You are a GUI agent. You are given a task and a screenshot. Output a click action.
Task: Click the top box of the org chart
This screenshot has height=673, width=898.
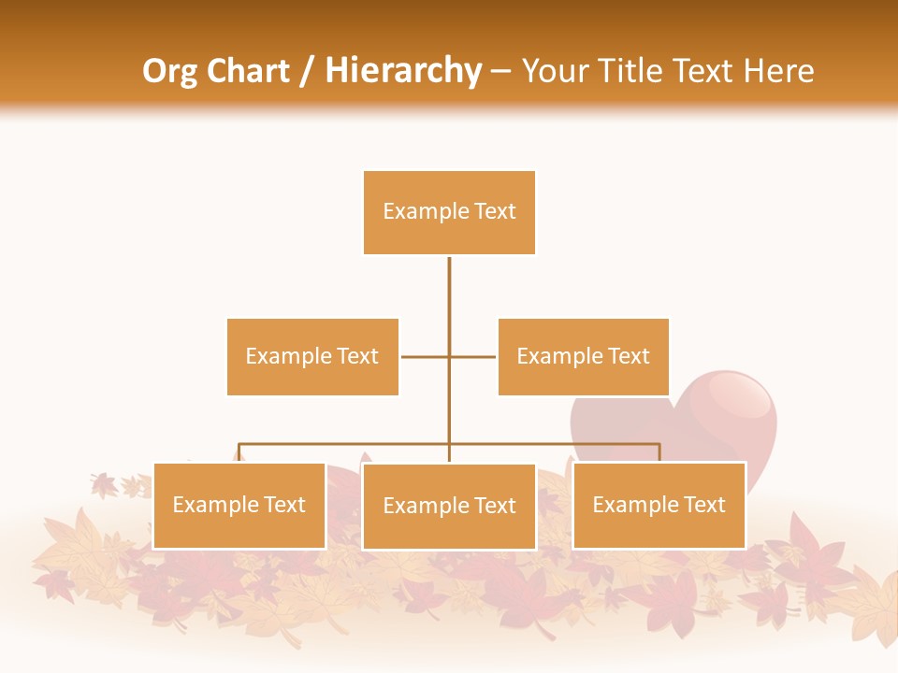pos(449,212)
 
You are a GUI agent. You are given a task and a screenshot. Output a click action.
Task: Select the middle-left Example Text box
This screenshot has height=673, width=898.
pos(312,356)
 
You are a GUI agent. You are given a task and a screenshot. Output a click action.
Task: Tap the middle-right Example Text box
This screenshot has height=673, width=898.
pos(583,356)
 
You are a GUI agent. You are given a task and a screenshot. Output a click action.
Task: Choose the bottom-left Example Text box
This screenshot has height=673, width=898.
pos(239,505)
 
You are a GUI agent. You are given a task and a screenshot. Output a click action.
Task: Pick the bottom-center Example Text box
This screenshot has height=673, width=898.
pos(449,506)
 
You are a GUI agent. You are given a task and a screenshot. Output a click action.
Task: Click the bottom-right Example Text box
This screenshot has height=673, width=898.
pos(659,505)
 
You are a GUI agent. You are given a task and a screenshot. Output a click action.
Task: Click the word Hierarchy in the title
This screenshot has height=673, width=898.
pos(402,71)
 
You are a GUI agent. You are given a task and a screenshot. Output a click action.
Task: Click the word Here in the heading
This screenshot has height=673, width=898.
pos(778,71)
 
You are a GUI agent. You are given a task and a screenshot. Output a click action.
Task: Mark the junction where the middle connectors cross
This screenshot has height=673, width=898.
pos(449,356)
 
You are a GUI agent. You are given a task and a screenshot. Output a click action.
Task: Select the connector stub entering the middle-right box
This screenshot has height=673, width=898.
pos(482,356)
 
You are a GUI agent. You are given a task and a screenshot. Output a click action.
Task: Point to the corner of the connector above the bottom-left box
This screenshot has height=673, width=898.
pos(239,445)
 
